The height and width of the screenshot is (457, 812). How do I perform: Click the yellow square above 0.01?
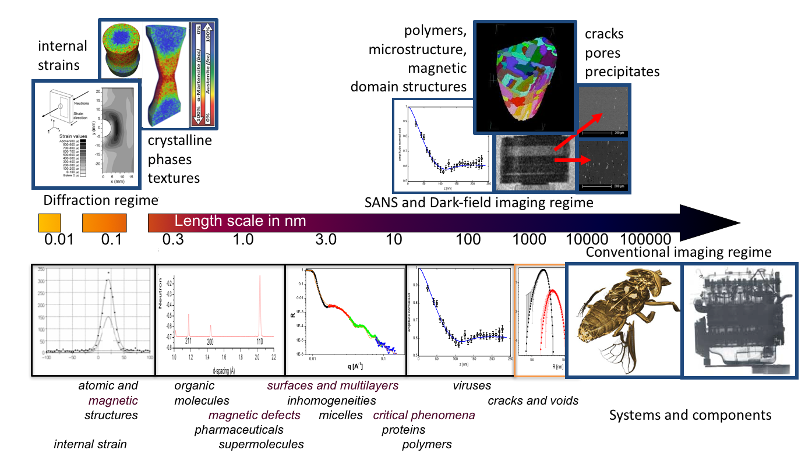click(x=50, y=223)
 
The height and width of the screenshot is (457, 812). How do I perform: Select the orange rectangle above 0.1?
click(x=104, y=223)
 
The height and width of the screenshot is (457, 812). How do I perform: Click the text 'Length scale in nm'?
click(x=241, y=222)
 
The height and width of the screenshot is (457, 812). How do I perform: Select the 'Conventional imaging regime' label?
click(x=679, y=253)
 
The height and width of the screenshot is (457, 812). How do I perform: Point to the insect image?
click(x=623, y=320)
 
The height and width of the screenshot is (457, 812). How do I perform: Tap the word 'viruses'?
click(x=472, y=385)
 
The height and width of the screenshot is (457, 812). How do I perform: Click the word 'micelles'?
click(x=341, y=415)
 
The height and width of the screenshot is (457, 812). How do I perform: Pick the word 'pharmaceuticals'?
click(x=239, y=430)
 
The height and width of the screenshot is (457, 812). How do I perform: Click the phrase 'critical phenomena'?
click(x=424, y=415)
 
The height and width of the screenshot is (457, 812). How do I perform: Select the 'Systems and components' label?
click(x=690, y=415)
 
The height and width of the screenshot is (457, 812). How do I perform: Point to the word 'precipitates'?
click(x=623, y=72)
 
